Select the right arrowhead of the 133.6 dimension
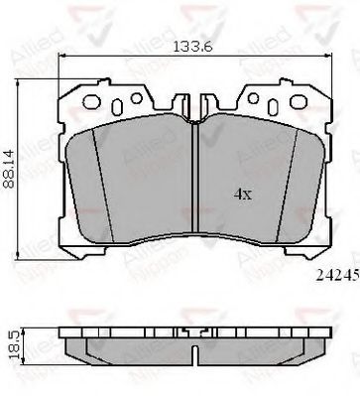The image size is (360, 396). (329, 57)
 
